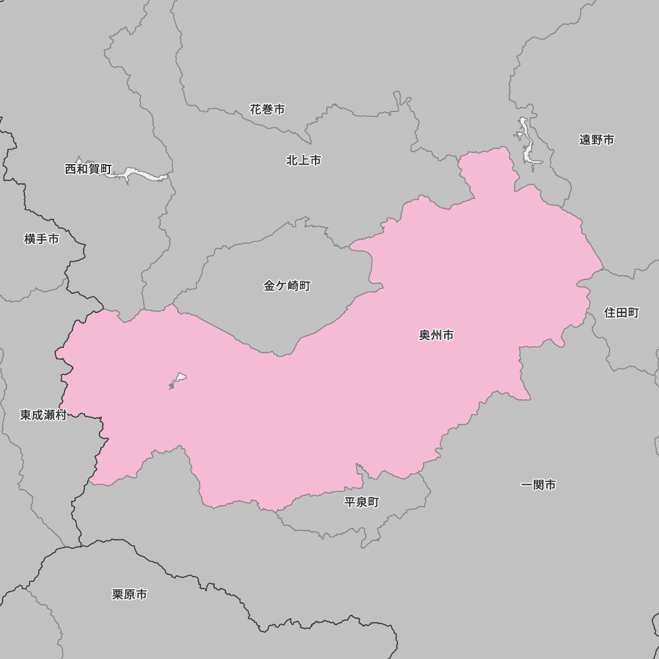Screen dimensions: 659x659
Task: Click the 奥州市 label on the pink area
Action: tap(436, 335)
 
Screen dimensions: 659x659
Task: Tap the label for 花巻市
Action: tap(268, 109)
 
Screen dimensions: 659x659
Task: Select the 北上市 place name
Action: tap(304, 160)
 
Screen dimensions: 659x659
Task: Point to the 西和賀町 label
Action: tap(88, 169)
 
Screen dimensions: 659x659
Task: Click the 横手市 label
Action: tap(42, 239)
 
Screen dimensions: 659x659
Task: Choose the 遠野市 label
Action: tap(596, 140)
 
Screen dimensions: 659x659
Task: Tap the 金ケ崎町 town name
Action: tap(287, 286)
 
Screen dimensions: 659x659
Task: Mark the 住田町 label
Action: tap(621, 313)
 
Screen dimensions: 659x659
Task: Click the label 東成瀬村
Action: tap(43, 415)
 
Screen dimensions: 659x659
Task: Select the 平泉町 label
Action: tap(362, 502)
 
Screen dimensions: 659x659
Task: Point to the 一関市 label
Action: tap(538, 485)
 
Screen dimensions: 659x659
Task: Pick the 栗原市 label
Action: tap(129, 594)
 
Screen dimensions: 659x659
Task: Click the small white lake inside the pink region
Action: tap(179, 379)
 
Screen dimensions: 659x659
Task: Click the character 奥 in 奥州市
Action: tap(425, 335)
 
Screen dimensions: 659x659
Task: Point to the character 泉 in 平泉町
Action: tap(362, 502)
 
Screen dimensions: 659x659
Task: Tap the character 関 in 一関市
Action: tap(538, 485)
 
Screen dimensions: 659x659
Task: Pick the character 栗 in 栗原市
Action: tap(118, 594)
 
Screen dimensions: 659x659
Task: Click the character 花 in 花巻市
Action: tap(256, 109)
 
